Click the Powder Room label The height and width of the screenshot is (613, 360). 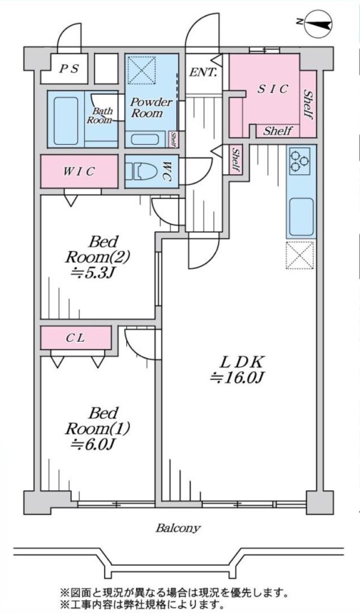pyautogui.click(x=151, y=108)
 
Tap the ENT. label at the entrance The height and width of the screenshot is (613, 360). pyautogui.click(x=203, y=73)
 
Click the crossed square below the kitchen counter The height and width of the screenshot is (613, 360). pyautogui.click(x=300, y=254)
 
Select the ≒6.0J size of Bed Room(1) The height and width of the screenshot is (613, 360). pyautogui.click(x=92, y=444)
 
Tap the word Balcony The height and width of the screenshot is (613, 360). pyautogui.click(x=178, y=528)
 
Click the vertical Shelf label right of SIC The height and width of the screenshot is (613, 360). pyautogui.click(x=308, y=105)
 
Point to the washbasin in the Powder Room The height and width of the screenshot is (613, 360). pyautogui.click(x=144, y=139)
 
